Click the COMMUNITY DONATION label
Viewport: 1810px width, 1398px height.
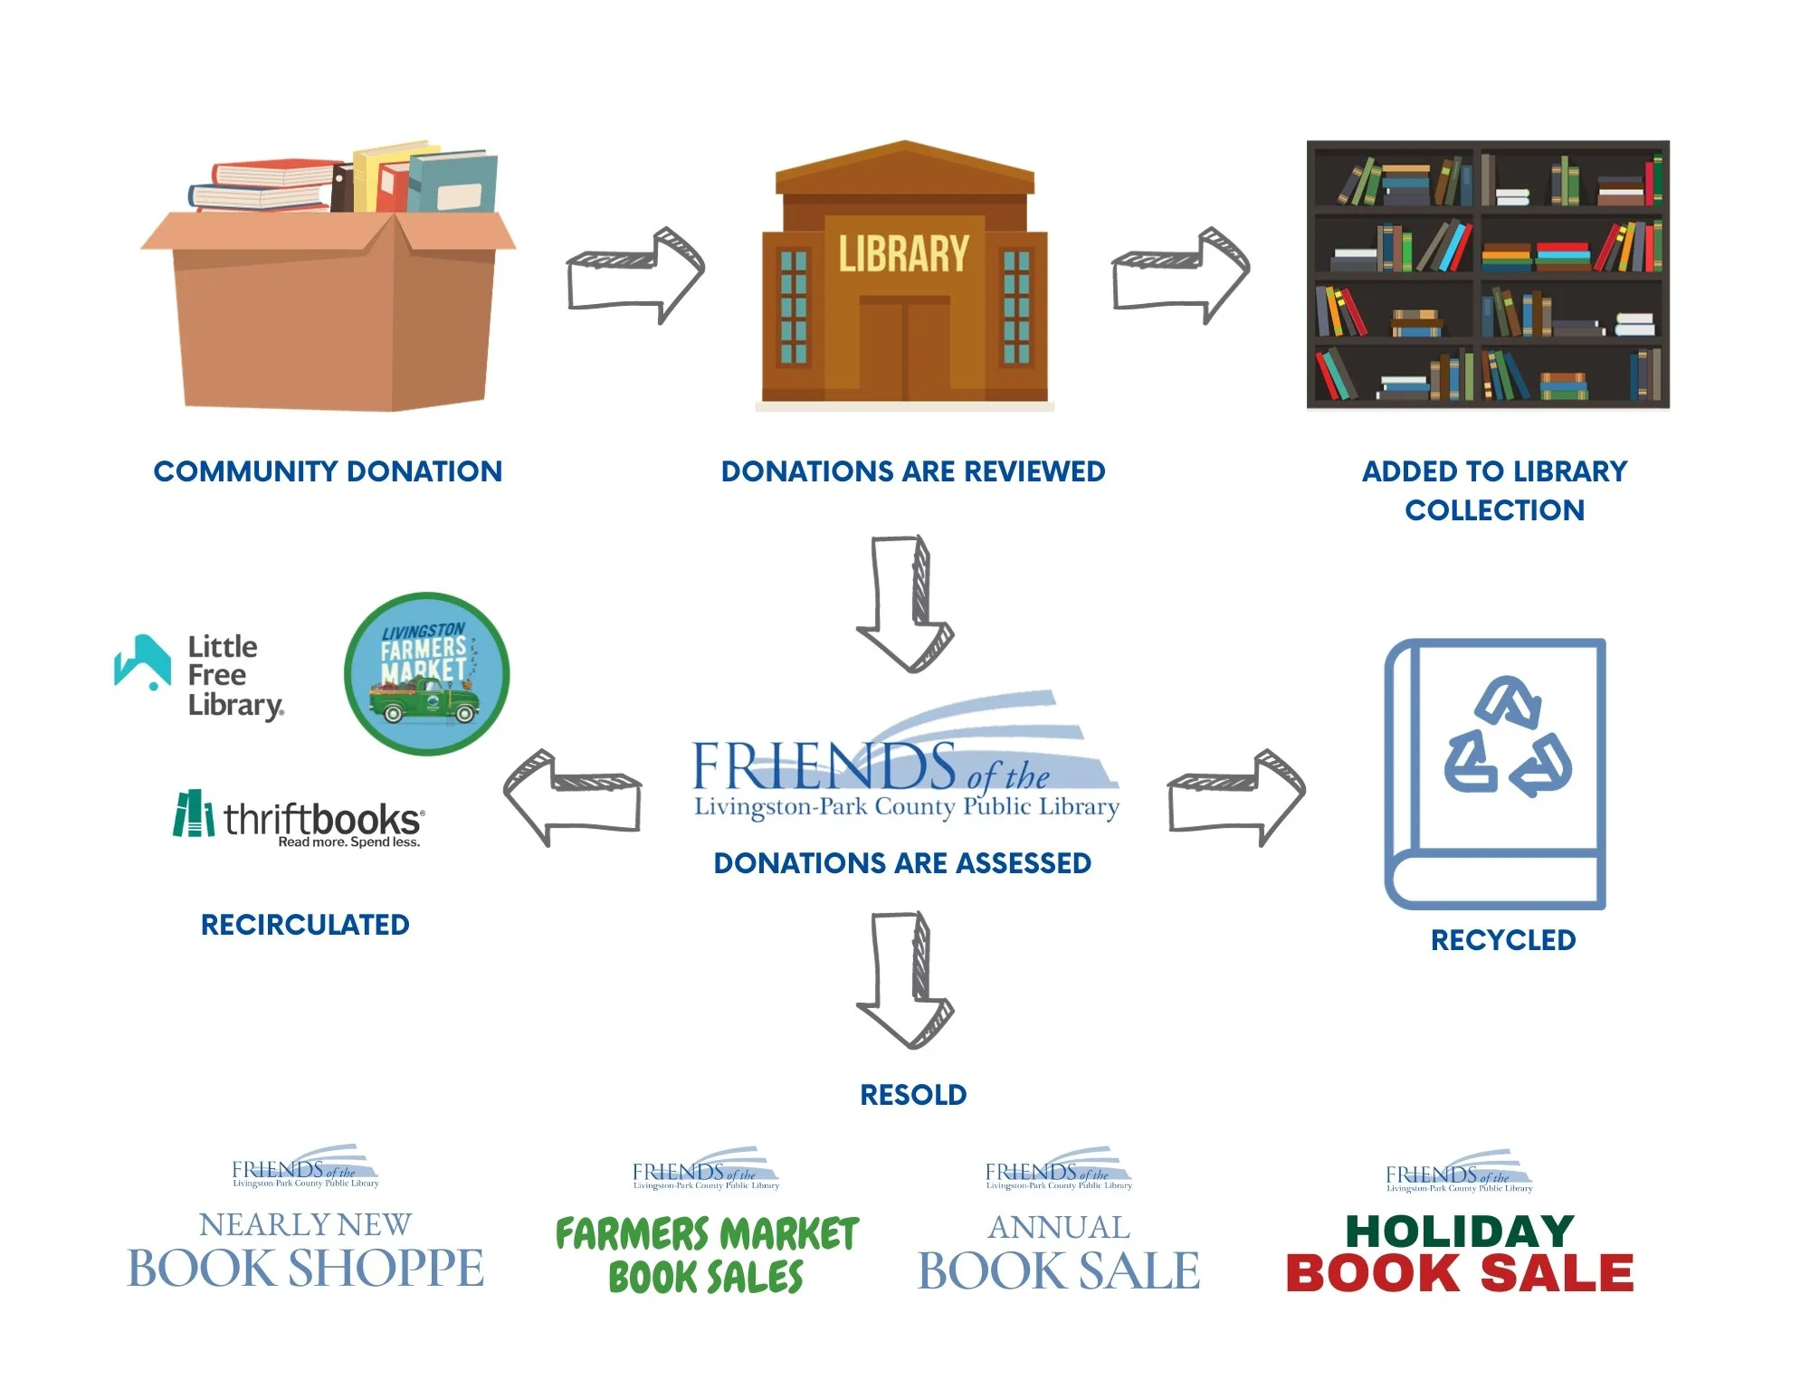click(x=328, y=471)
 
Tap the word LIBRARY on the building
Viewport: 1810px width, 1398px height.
click(x=903, y=253)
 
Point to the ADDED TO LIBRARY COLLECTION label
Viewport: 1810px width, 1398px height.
click(x=1494, y=490)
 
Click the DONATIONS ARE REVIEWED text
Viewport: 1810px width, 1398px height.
click(x=912, y=471)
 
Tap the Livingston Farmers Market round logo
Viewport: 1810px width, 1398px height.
click(x=427, y=674)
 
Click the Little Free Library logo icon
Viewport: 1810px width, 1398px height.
click(x=143, y=661)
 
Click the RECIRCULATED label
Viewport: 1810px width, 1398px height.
click(x=305, y=925)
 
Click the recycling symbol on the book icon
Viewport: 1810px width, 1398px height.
click(x=1507, y=737)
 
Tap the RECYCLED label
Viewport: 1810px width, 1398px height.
click(x=1503, y=940)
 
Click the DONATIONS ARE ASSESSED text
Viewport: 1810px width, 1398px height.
click(x=902, y=863)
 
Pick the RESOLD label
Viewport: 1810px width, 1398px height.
click(x=913, y=1095)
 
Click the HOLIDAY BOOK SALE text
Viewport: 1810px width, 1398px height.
click(x=1460, y=1253)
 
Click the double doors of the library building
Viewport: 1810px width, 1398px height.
click(x=904, y=348)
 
